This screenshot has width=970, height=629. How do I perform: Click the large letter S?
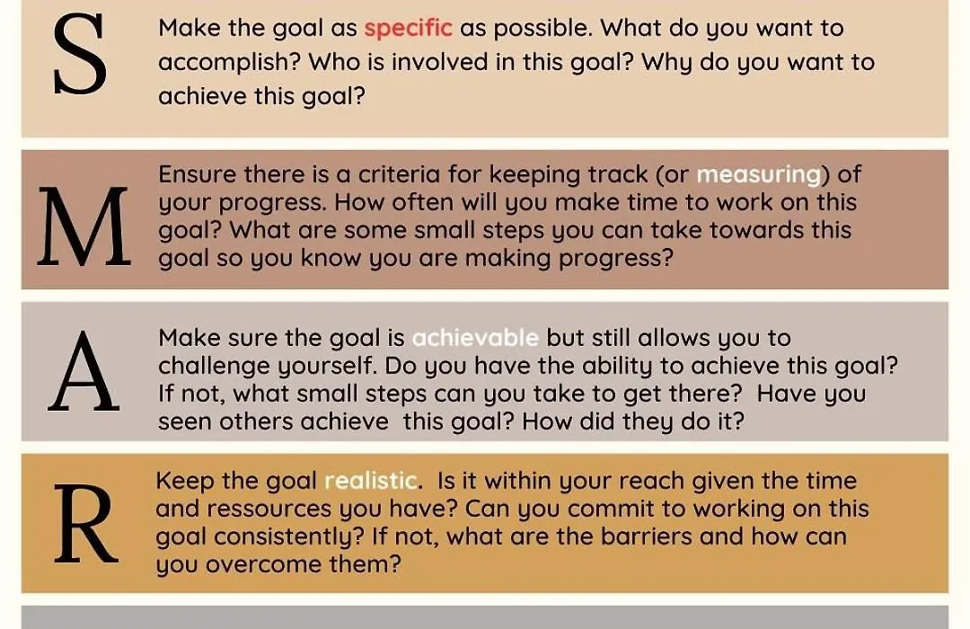click(80, 55)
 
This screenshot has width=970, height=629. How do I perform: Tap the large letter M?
click(84, 226)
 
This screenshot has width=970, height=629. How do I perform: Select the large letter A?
click(84, 371)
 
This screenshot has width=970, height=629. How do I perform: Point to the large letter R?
click(86, 524)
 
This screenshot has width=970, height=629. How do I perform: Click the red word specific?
click(409, 29)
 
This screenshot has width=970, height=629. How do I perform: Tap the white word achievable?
click(475, 338)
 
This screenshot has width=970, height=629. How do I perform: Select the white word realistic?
click(371, 481)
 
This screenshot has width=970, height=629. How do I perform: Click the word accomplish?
click(228, 63)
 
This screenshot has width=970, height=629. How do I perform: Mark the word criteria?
click(399, 174)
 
